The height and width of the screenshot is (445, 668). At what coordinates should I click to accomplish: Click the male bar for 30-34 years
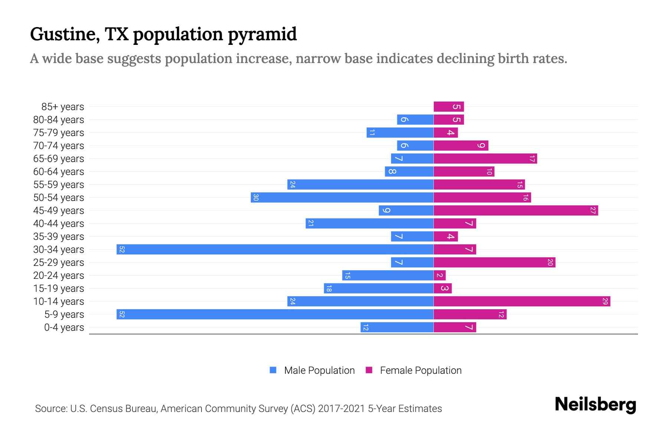click(275, 249)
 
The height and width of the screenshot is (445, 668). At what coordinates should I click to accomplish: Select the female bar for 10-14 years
click(521, 301)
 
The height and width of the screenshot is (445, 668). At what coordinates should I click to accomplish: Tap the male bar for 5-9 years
click(275, 314)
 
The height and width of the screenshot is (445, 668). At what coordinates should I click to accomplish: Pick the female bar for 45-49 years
click(516, 210)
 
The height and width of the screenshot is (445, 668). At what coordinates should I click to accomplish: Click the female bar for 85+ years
click(449, 106)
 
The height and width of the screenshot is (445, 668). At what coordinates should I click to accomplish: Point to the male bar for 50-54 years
click(342, 197)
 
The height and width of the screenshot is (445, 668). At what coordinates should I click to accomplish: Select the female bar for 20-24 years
click(439, 275)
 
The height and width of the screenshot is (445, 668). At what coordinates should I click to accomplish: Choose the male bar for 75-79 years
click(400, 132)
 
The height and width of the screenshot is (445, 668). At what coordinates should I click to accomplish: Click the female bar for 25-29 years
click(494, 262)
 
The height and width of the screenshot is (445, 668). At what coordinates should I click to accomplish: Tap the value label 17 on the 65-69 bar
click(532, 159)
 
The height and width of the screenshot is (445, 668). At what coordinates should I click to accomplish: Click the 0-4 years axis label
click(64, 327)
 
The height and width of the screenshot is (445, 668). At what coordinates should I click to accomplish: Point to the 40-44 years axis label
click(59, 224)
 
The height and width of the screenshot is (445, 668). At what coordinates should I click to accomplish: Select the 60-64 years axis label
click(59, 172)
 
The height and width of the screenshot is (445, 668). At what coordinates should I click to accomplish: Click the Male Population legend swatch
click(273, 370)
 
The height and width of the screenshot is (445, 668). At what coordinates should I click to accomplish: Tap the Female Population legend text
click(420, 370)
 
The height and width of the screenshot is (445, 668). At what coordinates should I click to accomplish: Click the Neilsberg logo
click(595, 405)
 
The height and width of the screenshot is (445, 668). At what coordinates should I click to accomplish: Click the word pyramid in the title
click(262, 34)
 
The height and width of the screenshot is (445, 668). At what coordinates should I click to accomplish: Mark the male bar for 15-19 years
click(379, 288)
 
